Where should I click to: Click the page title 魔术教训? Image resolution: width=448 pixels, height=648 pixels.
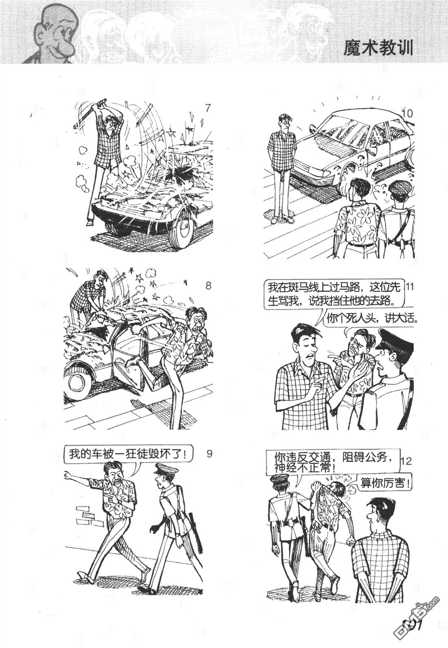[378, 48]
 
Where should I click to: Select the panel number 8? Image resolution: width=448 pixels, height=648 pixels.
[208, 286]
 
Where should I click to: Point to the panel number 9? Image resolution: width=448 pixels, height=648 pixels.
[209, 454]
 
